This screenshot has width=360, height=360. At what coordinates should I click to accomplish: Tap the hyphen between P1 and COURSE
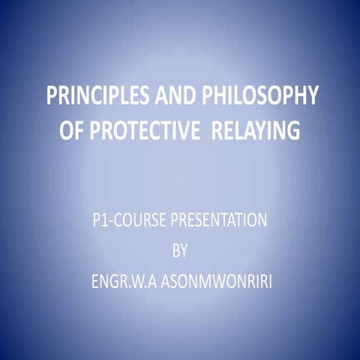110,222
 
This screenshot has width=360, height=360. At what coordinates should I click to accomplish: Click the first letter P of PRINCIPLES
52,97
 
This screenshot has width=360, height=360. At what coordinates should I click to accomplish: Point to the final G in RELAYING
293,132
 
